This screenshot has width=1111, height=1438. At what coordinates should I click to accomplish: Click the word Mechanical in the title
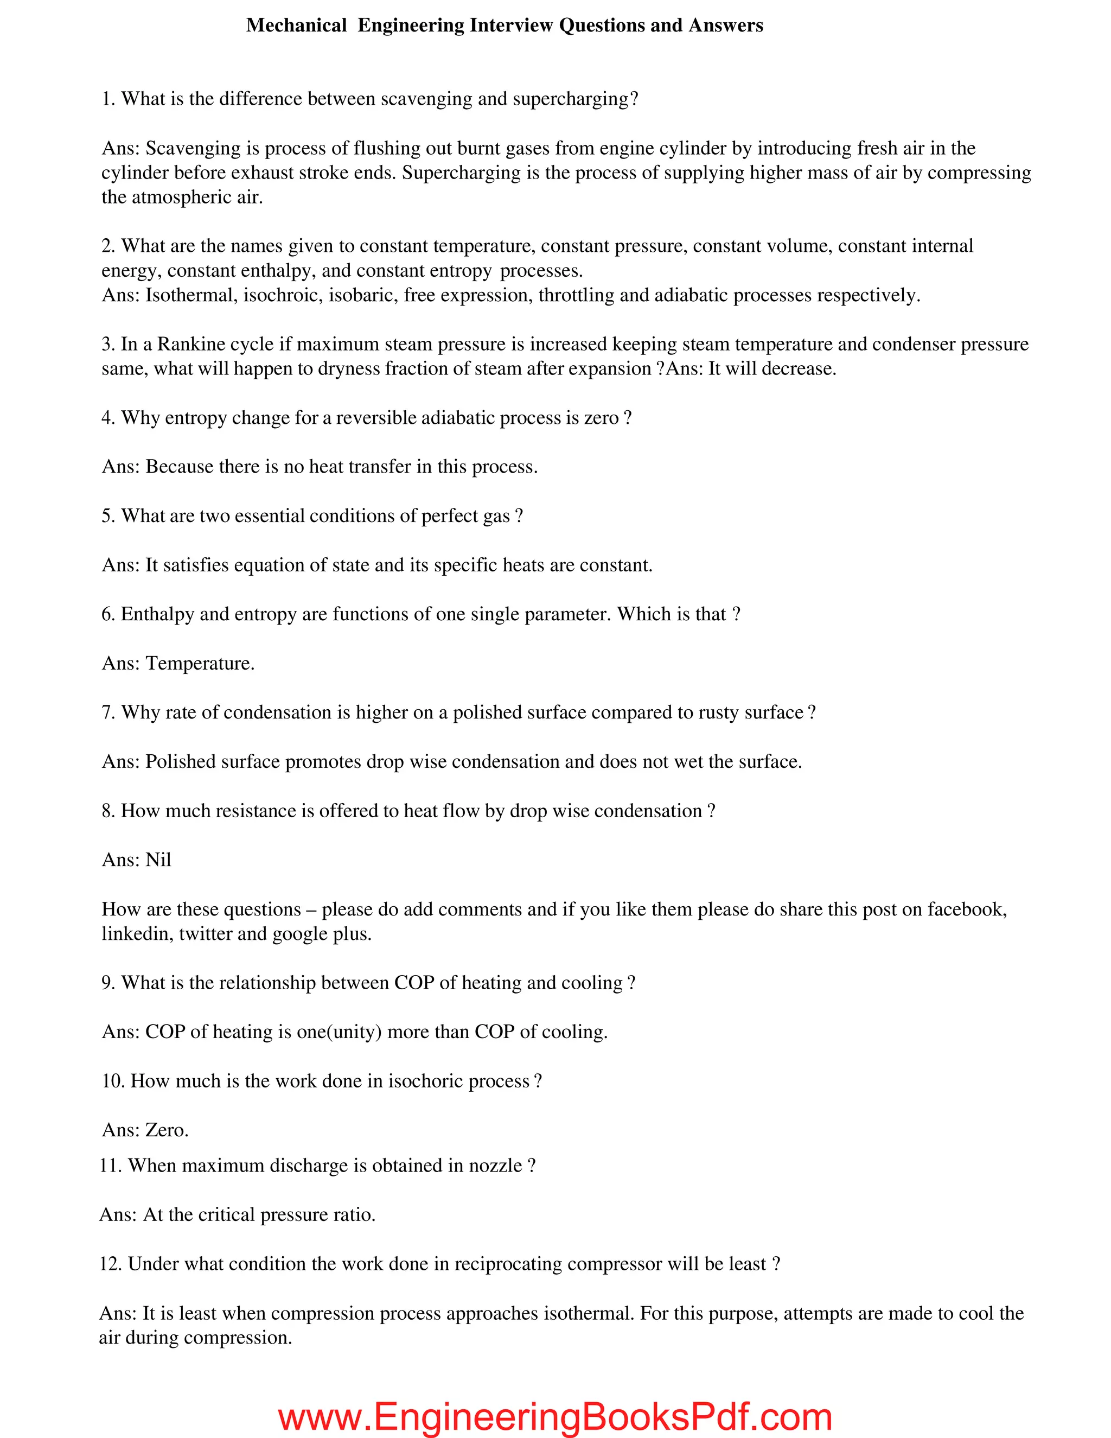[296, 26]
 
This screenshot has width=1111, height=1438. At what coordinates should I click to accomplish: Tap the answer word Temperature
[200, 663]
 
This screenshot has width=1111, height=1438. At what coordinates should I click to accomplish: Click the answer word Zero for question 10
[167, 1130]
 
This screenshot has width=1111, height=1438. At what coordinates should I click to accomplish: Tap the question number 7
[108, 712]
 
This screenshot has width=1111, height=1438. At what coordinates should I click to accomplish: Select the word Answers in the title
[725, 26]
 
